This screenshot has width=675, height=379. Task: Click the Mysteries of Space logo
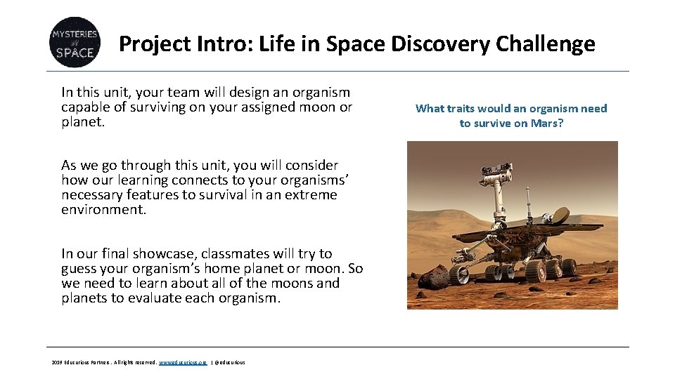(x=74, y=42)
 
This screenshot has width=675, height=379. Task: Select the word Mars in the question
(x=548, y=123)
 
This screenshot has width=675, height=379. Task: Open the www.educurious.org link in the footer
(x=183, y=362)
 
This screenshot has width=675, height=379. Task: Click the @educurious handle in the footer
(x=229, y=362)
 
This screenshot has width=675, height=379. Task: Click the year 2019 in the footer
(x=57, y=362)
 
